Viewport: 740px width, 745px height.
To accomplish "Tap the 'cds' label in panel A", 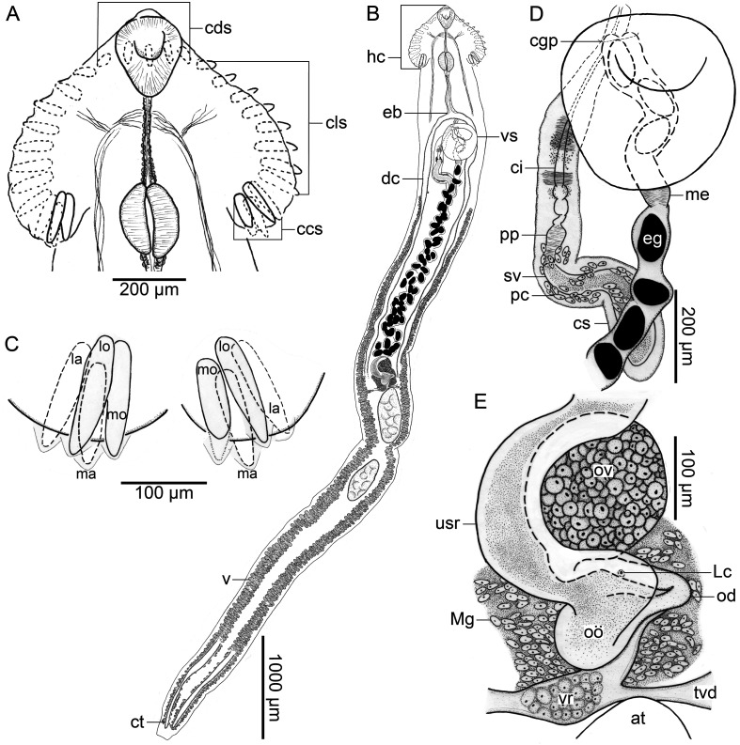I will click(x=219, y=28).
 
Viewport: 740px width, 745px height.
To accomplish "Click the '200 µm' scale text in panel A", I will click(x=149, y=289).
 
